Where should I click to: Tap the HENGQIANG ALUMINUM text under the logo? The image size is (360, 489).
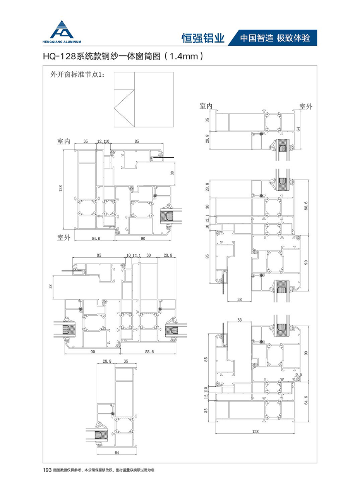point(62,42)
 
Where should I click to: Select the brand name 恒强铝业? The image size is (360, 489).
point(203,38)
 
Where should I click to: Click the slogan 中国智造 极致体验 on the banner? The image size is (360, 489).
point(275,38)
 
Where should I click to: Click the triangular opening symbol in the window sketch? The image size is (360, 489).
point(124,108)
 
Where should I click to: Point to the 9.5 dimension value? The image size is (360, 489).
point(298,375)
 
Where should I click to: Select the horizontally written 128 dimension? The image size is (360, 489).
point(255,431)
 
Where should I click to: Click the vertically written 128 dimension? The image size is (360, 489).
point(60,188)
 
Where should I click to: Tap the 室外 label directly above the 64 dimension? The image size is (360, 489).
point(306,107)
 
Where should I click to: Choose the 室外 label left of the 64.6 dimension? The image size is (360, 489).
point(64,237)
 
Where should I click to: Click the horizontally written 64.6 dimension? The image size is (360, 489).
point(96,238)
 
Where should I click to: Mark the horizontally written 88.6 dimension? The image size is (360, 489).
point(149,352)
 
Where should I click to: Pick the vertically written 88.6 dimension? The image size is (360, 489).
point(306,206)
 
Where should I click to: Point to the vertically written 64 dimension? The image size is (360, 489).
point(298,129)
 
